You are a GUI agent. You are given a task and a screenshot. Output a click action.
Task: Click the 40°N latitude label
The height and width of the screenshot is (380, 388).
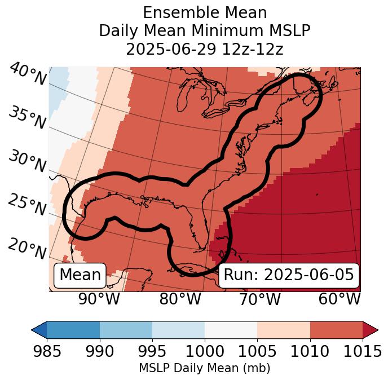point(27,74)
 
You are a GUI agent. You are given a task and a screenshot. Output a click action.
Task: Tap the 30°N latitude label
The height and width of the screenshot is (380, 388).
point(27,162)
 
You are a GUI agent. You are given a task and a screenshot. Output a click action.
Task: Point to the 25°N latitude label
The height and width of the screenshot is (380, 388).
point(27,205)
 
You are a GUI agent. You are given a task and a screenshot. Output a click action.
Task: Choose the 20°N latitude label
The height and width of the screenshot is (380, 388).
point(27,248)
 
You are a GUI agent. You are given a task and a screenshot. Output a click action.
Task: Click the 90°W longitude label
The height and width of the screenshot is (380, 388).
point(99,299)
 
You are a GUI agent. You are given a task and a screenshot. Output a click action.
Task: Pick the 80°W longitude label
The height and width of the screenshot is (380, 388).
point(180,299)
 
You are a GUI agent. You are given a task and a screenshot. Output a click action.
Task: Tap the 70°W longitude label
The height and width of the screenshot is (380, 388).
point(259,299)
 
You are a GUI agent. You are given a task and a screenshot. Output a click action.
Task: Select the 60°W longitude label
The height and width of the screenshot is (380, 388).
point(339,299)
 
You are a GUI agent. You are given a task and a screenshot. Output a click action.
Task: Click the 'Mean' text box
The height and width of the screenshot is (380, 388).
point(80,275)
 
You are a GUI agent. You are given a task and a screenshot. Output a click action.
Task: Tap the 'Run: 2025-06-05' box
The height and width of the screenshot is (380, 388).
point(289,275)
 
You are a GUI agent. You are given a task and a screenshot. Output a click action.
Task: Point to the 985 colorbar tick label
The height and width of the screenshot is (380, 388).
point(47,352)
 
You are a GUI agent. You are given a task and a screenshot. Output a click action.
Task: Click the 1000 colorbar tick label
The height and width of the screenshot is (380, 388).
point(205,352)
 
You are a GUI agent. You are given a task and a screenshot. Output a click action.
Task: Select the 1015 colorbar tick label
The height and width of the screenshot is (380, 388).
point(362,352)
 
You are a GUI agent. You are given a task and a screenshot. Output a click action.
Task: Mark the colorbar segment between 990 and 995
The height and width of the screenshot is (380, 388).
point(126,329)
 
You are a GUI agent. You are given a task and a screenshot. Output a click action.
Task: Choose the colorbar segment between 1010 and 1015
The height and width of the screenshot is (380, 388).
point(336,329)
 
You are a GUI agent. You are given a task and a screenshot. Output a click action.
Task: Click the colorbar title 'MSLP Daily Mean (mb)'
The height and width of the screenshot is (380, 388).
point(205,368)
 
